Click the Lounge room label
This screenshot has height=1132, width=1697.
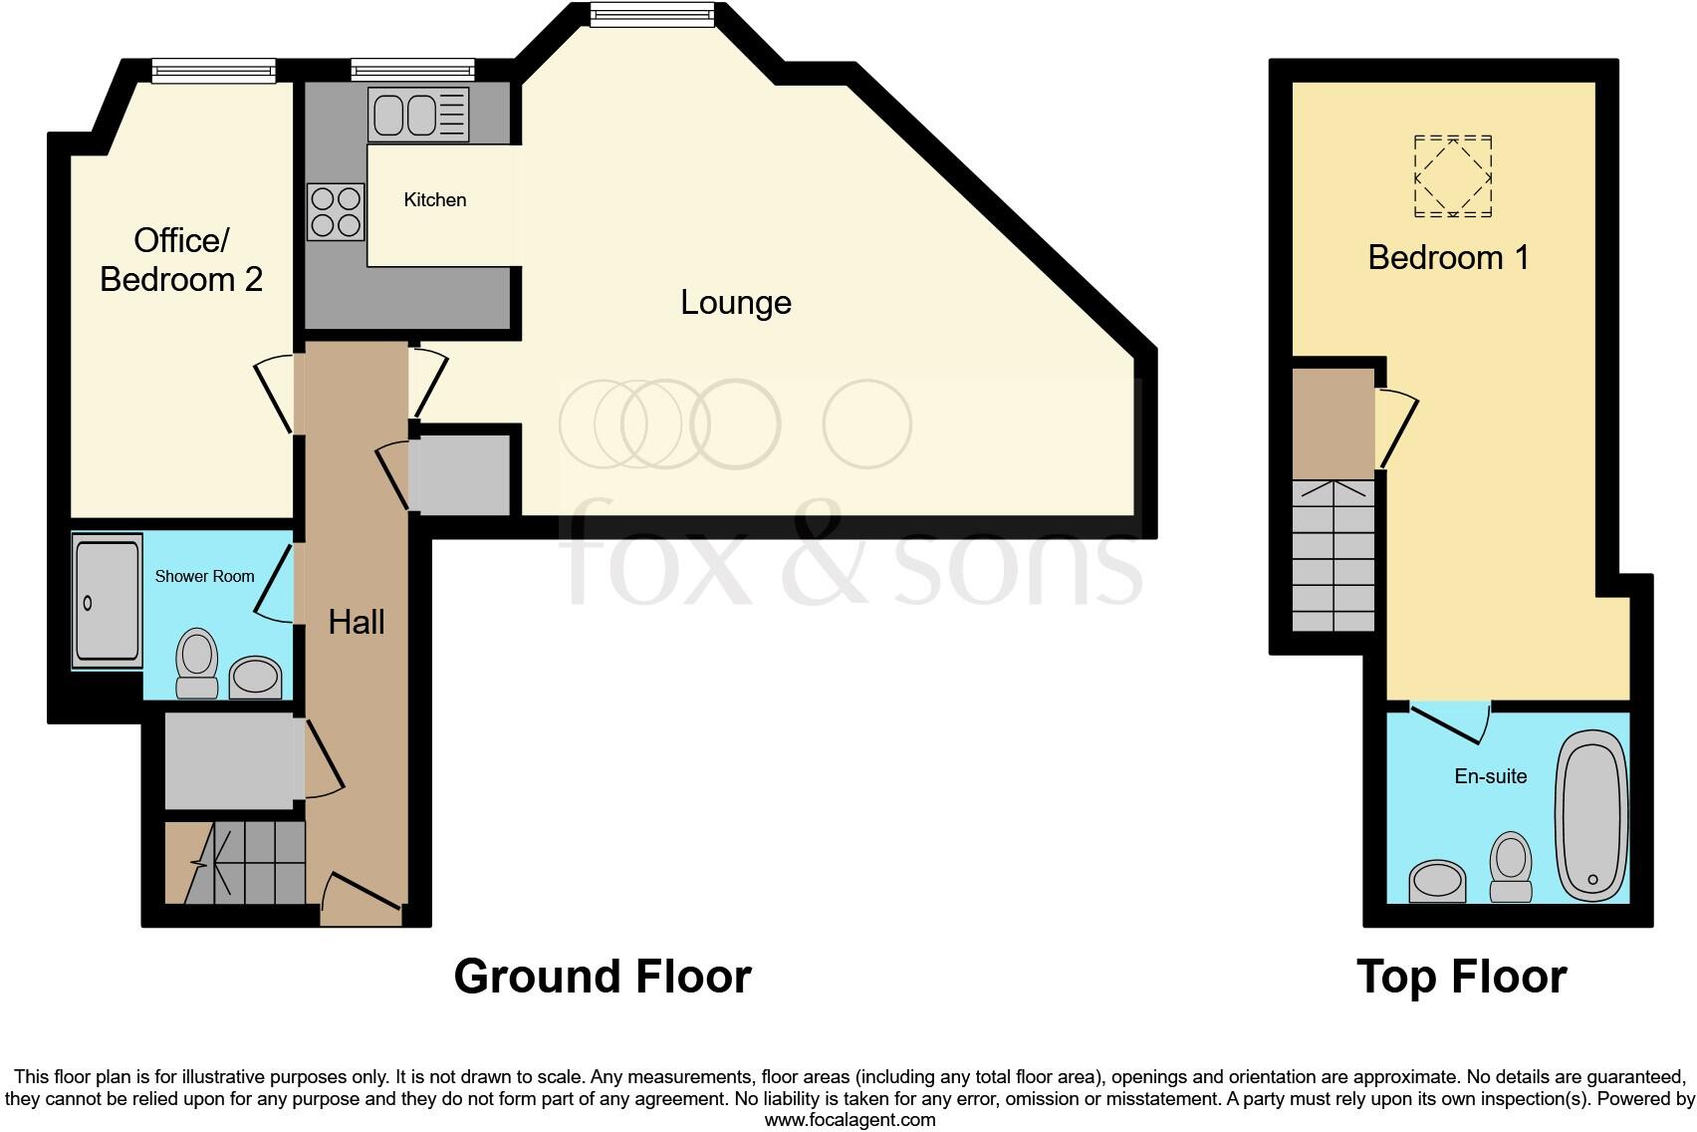[x=735, y=302]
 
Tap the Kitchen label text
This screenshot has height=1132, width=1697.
[x=434, y=200]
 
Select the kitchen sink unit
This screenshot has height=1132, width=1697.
[x=418, y=115]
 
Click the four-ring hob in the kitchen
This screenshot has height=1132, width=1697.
[x=335, y=212]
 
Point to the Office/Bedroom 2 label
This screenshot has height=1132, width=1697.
[x=181, y=259]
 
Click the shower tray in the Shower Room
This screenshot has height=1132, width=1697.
[x=107, y=601]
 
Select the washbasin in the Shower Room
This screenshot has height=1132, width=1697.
[x=256, y=678]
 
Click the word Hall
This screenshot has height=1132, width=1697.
[x=357, y=623]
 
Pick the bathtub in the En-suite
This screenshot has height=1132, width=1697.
[x=1592, y=815]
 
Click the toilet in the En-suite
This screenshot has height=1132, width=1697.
[x=1511, y=867]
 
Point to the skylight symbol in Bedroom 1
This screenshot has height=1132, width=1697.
[x=1453, y=176]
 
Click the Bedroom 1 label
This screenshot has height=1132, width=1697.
[x=1448, y=257]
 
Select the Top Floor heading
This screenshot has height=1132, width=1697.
[x=1461, y=977]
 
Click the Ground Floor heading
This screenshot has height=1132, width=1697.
[x=602, y=977]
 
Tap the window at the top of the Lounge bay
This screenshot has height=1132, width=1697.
[x=651, y=14]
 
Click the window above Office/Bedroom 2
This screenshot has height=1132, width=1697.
[x=213, y=69]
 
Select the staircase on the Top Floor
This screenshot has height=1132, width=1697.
[x=1333, y=556]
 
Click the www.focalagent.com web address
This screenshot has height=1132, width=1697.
[x=849, y=1120]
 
